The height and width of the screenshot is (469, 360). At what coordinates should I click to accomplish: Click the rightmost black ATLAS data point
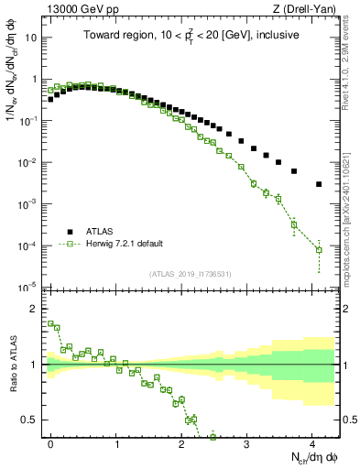(319, 184)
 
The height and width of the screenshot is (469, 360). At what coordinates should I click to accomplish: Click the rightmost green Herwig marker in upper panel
(319, 249)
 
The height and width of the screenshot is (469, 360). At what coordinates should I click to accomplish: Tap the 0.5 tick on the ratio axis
(31, 420)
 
